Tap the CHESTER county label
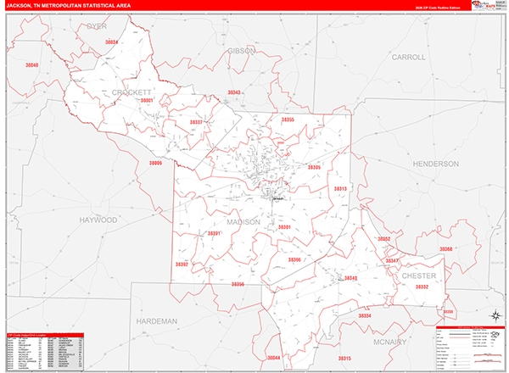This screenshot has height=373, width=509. point(418,276)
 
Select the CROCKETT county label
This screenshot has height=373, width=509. point(131,92)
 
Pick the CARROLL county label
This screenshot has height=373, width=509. point(408,57)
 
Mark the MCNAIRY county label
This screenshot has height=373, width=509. point(395,341)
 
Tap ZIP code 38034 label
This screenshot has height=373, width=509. point(113,41)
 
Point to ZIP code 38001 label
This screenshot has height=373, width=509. point(146,100)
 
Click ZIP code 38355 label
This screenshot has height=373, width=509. point(288,120)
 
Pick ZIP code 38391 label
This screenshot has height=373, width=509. point(214,233)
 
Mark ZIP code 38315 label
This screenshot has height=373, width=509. point(344,359)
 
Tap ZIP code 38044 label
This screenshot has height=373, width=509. point(273,359)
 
